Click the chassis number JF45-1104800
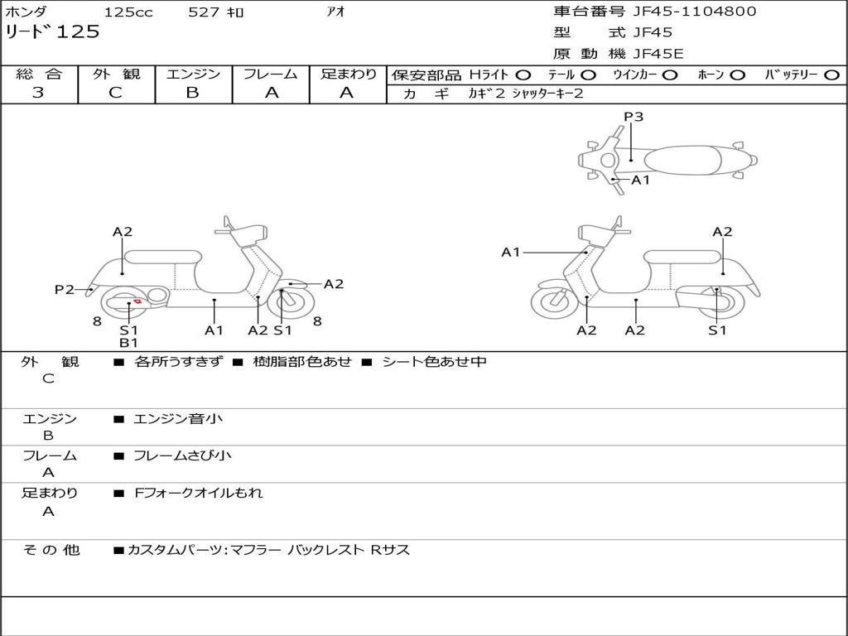695,12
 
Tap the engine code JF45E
658,54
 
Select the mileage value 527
204,12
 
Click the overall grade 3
38,93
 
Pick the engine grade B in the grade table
192,93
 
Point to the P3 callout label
634,116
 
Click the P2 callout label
64,289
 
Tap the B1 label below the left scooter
128,342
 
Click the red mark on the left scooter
137,301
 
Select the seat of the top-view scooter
682,161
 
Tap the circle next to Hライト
523,75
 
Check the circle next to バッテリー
831,75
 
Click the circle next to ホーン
737,75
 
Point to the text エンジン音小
178,418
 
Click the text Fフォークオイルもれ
199,493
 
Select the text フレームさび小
182,456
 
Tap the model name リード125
52,31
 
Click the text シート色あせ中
434,361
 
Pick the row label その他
51,550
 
